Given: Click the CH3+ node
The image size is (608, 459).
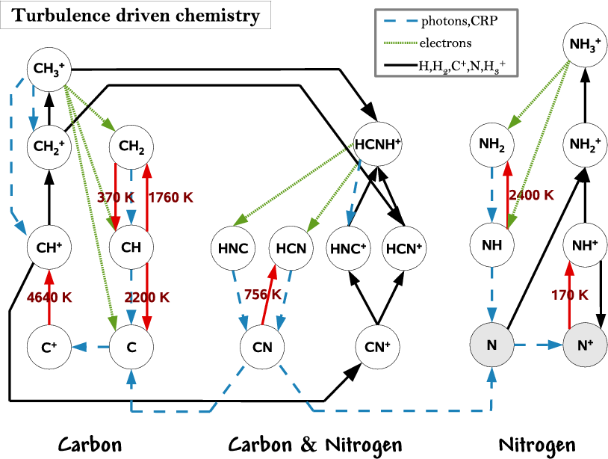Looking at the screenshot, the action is pos(49,70).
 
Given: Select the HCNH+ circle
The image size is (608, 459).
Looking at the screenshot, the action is pos(377,144).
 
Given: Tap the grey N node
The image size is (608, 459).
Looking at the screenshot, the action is pos(491,345).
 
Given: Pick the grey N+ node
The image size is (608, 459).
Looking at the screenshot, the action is pos(585,345).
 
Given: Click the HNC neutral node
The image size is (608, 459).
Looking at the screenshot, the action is pos(233,248).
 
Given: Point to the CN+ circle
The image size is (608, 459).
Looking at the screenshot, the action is pos(377,347).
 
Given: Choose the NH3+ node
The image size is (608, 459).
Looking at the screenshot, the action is pos(585,45).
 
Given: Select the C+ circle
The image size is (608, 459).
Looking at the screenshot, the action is pos(49,347).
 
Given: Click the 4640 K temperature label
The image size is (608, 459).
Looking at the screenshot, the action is pos(49,298).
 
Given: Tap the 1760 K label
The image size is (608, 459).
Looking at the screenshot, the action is pos(171,197).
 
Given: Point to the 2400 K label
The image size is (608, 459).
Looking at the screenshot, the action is pos(532,195).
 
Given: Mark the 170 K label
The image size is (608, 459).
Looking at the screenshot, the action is pos(570,295).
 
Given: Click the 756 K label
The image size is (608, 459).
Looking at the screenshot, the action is pos(262,295).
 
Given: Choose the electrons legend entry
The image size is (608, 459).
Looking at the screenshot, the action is pos(428,43).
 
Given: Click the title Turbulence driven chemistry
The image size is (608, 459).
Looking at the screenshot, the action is pos(136,16).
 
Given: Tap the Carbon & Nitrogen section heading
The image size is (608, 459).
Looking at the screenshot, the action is pos(315,445).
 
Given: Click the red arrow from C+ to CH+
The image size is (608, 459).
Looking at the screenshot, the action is pos(49,297).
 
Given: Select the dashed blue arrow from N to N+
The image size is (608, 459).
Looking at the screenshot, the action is pos(539,345).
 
